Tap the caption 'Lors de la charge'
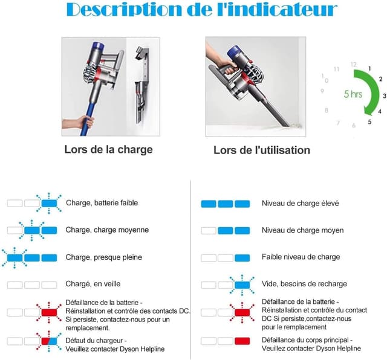[x=108, y=149]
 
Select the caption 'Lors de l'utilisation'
[x=261, y=150]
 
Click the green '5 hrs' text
[x=353, y=94]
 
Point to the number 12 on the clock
[x=353, y=64]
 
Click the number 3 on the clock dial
[x=384, y=95]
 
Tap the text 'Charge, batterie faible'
[x=102, y=203]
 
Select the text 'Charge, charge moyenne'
[x=107, y=230]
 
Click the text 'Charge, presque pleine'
[x=103, y=257]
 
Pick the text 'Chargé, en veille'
[x=93, y=284]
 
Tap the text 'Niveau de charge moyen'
[x=302, y=230]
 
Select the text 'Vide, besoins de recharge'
[x=304, y=284]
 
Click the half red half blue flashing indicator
[x=49, y=342]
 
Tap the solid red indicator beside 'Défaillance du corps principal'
[x=242, y=341]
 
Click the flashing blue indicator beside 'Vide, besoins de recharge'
[x=242, y=284]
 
